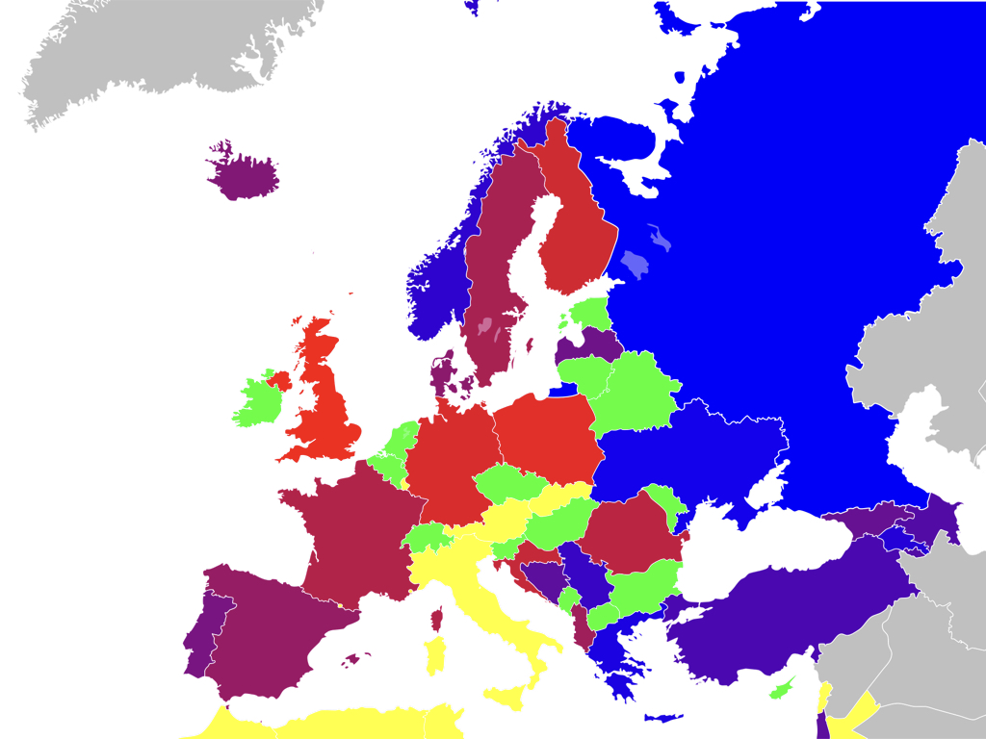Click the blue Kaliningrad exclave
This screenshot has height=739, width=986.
tap(563, 390)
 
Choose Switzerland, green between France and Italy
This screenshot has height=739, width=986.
tap(426, 536)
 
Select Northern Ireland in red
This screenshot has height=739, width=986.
tap(279, 379)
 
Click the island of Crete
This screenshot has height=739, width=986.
tap(662, 718)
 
